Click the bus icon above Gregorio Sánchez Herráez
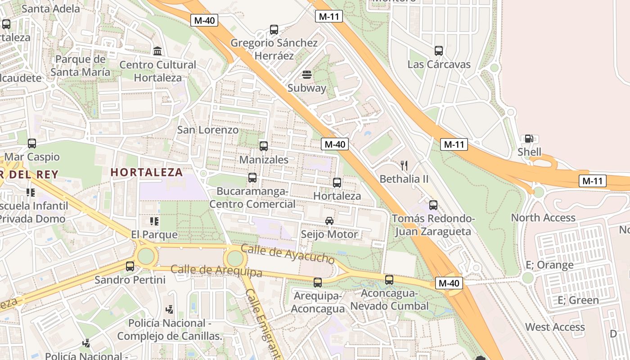pos(274,30)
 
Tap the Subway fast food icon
pos(307,74)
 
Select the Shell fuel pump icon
pos(529,139)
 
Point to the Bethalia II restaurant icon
pos(404,166)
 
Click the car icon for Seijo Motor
pos(329,221)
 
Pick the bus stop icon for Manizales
pos(264,146)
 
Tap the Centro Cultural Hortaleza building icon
pos(157,51)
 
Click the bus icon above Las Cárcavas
pos(439,51)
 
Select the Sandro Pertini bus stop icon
pos(130,266)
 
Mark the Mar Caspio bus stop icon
pos(31,144)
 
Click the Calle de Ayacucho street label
pos(288,254)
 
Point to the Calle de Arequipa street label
pos(216,271)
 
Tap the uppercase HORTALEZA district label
pos(147,172)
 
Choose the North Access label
pos(543,218)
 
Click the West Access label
pos(555,327)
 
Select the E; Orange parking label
pos(549,265)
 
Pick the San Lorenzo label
pos(207,130)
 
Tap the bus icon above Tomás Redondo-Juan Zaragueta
pos(433,205)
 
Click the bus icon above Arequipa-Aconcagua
pos(318,283)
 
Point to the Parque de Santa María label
pos(80,66)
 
